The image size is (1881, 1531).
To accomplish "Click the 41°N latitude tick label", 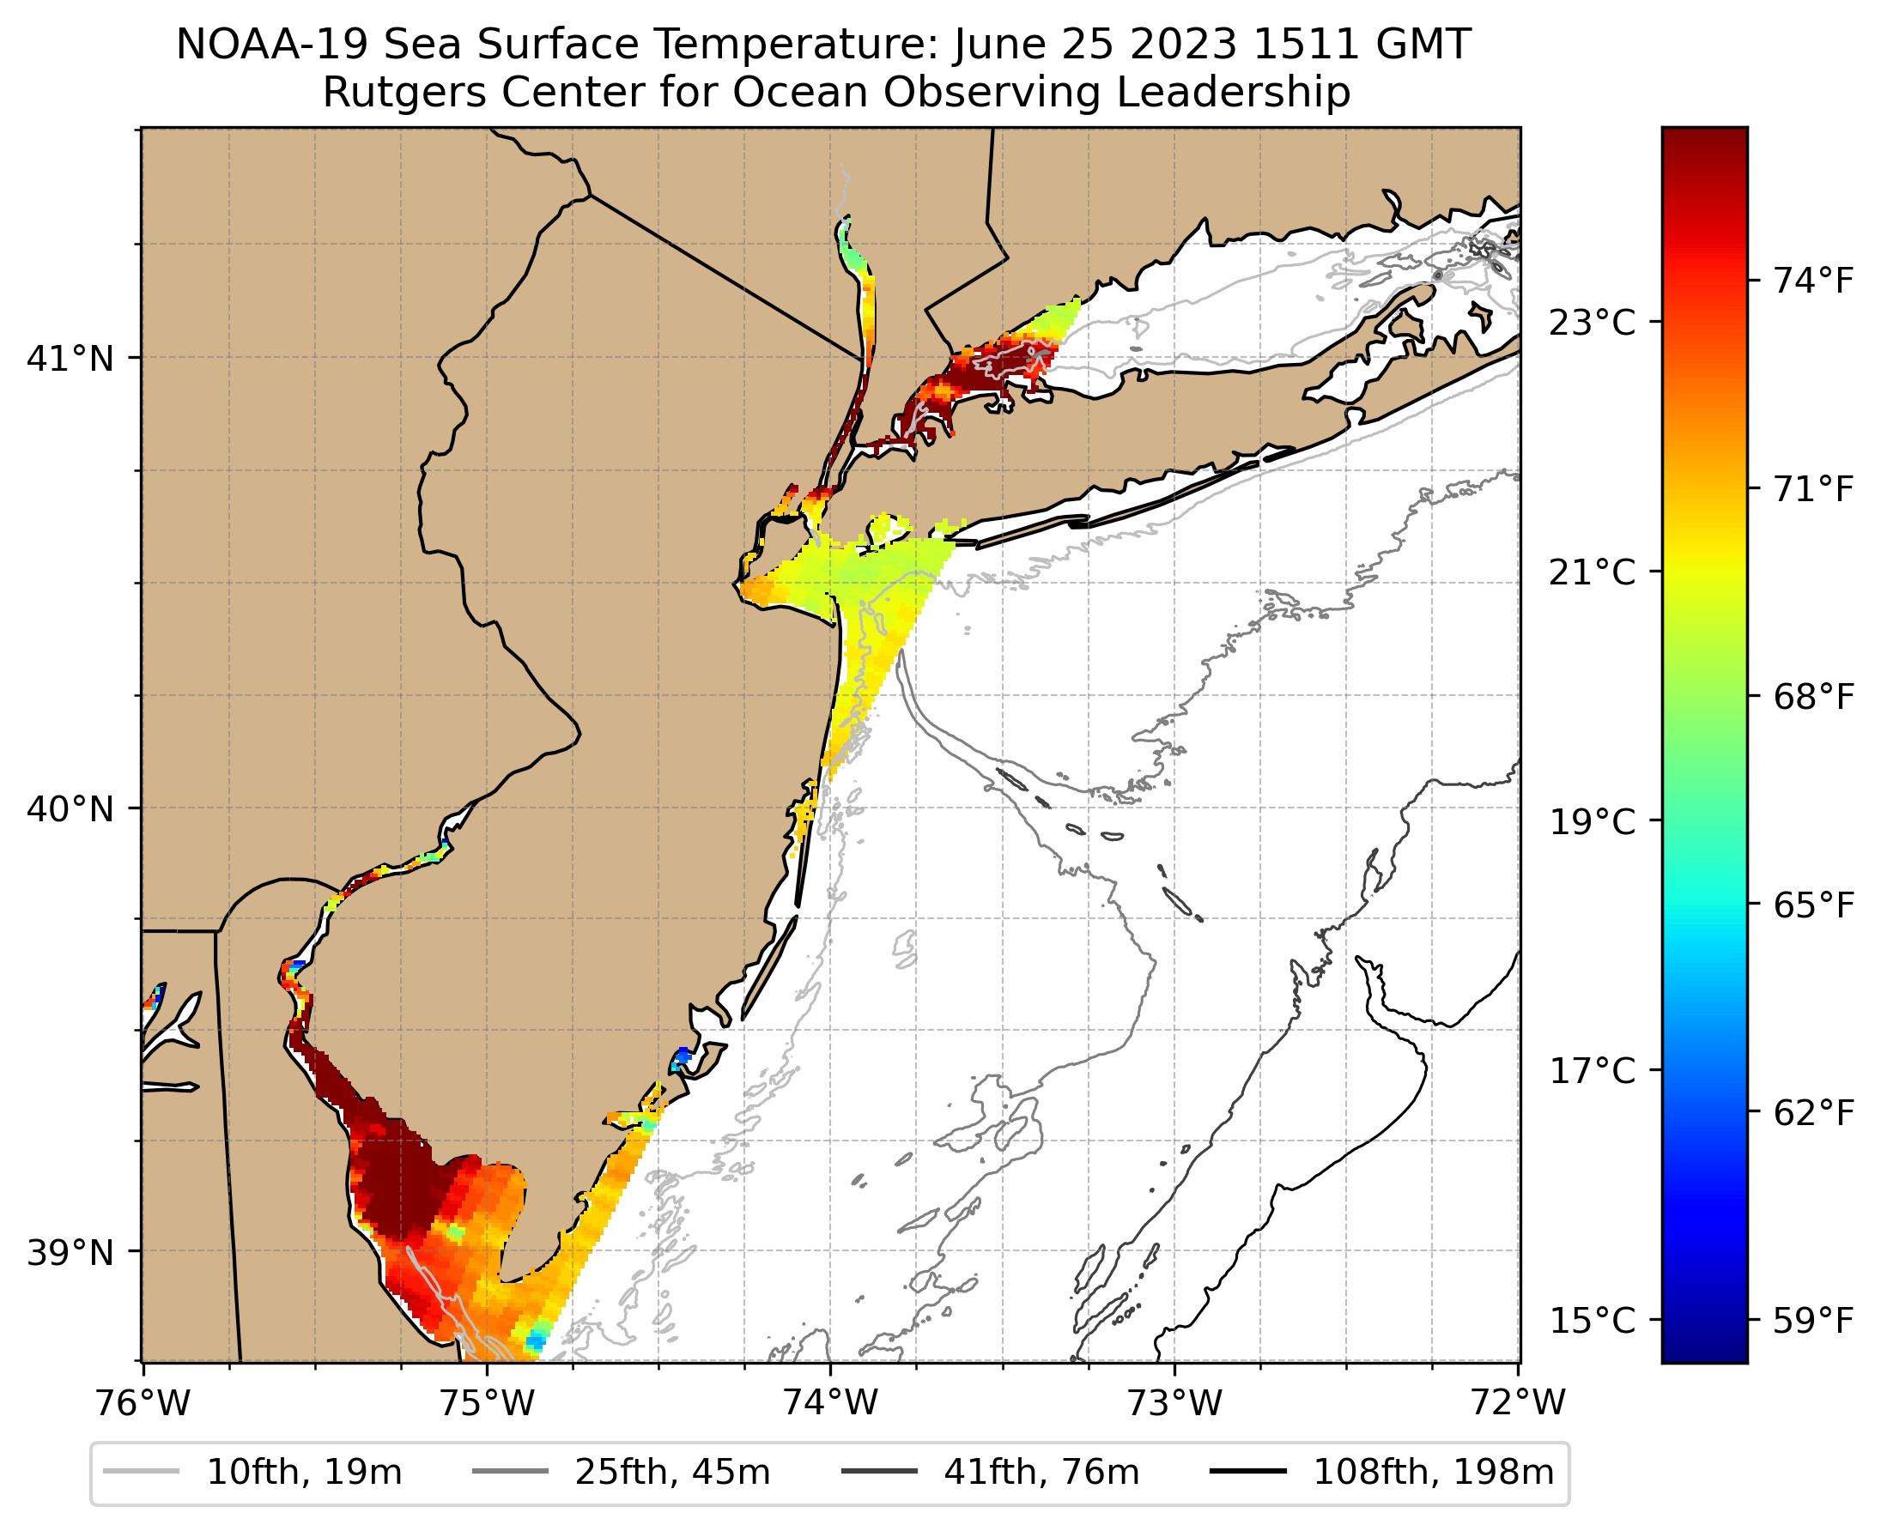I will (x=70, y=359).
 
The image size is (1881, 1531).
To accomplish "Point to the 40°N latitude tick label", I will (x=70, y=808).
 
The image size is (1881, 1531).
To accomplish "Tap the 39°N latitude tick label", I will (x=70, y=1252).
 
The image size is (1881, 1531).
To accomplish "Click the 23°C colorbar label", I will (x=1593, y=323).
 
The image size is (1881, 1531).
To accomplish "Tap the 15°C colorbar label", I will (x=1593, y=1321).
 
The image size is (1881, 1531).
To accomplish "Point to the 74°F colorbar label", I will (x=1814, y=281).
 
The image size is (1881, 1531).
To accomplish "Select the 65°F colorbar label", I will (x=1814, y=905).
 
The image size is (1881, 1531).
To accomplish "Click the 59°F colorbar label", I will (x=1814, y=1321).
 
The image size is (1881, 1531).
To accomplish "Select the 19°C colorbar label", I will (x=1593, y=822).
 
